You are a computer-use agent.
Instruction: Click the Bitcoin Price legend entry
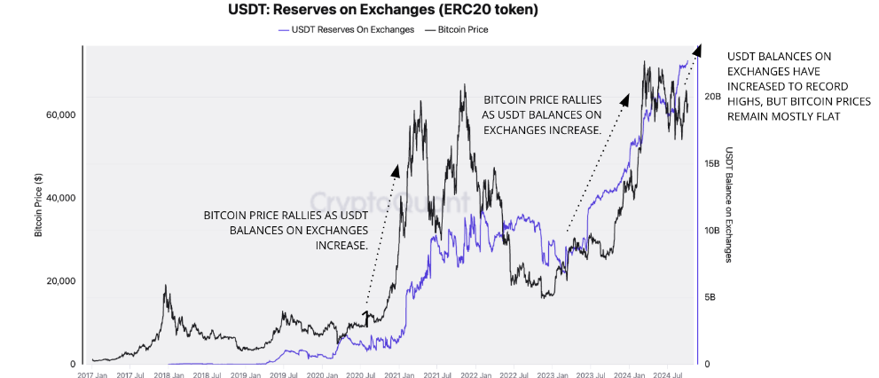(x=462, y=29)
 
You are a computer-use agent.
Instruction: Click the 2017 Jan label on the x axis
(x=92, y=373)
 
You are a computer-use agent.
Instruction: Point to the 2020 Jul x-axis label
(x=358, y=373)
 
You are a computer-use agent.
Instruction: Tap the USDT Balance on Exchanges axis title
(x=729, y=204)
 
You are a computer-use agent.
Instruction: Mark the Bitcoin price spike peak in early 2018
(x=164, y=287)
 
